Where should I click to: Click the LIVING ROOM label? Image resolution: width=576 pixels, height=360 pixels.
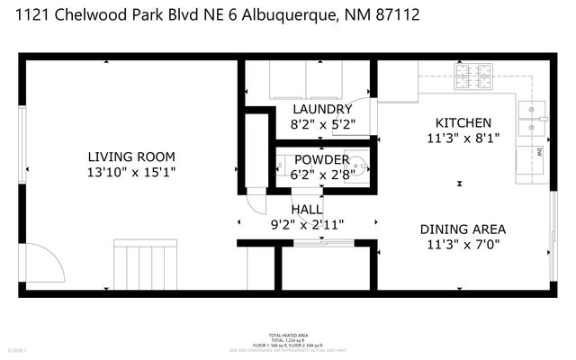(130, 155)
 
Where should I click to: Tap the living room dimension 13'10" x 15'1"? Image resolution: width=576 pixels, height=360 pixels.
(130, 171)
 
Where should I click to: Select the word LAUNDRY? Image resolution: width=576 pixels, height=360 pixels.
(309, 110)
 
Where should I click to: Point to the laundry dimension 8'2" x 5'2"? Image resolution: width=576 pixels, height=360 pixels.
(309, 125)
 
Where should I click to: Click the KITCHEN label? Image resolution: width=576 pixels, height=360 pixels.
(463, 122)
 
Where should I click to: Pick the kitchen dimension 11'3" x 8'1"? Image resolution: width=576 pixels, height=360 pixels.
(463, 138)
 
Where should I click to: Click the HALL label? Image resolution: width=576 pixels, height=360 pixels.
(306, 209)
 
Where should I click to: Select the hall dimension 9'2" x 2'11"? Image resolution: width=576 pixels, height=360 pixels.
(306, 224)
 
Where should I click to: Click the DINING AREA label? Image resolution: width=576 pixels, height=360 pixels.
(463, 229)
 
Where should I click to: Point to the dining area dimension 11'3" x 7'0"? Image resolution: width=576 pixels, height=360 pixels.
(463, 244)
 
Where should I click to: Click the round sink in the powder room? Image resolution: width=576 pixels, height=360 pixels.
(359, 166)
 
